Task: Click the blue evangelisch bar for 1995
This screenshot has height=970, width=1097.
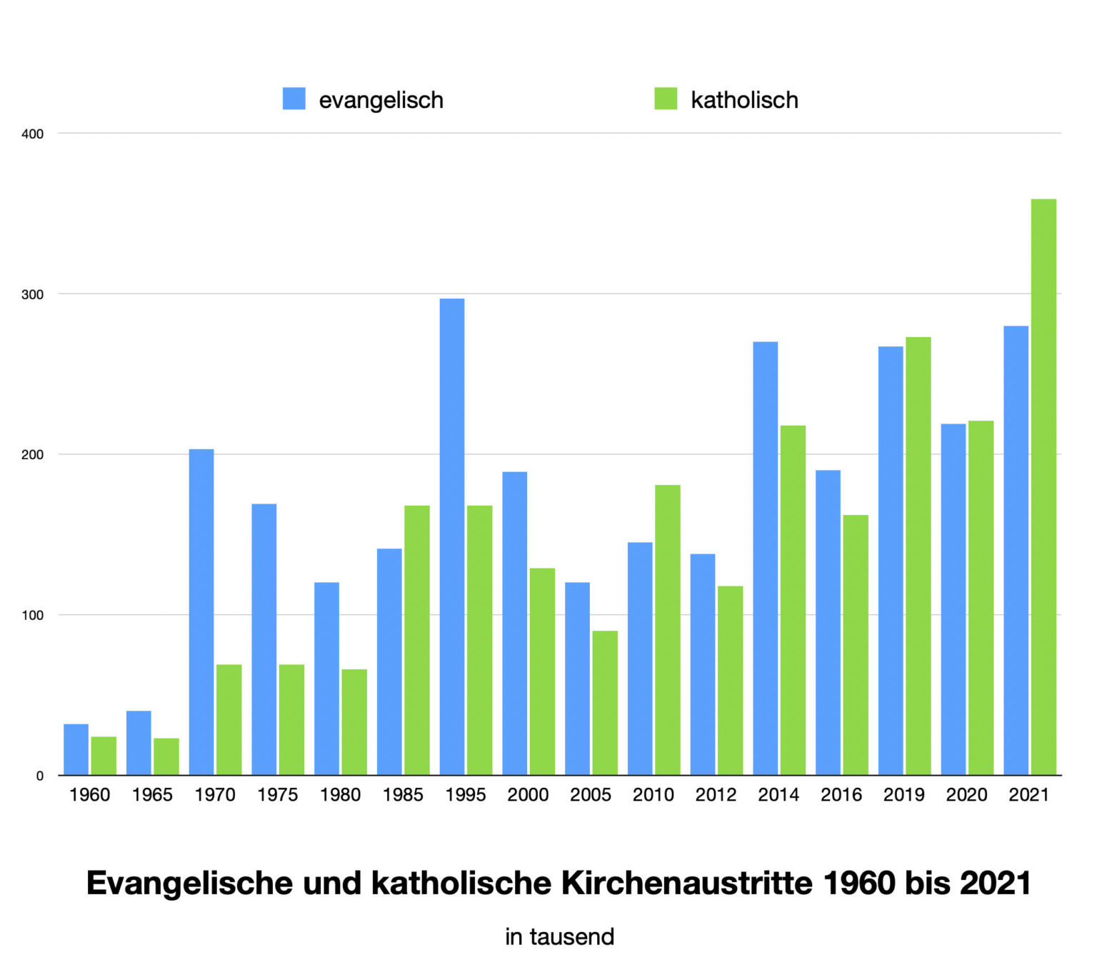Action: click(452, 536)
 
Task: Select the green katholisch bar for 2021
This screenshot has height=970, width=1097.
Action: click(1043, 486)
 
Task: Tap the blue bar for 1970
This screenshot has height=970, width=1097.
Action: click(201, 611)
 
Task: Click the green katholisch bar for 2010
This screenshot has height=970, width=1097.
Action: click(668, 629)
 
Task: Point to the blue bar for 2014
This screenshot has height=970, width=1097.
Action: click(765, 558)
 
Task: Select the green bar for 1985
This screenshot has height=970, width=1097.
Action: click(417, 639)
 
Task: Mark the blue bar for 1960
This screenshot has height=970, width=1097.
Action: click(76, 749)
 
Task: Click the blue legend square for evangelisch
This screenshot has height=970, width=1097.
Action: click(294, 99)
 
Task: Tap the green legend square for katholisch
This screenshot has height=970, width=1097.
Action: click(666, 99)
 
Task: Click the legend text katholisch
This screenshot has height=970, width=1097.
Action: click(744, 100)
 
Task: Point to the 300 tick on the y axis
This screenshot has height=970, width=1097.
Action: click(33, 294)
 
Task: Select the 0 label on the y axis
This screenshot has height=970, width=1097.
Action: click(40, 776)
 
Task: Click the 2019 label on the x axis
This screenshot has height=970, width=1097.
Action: click(903, 794)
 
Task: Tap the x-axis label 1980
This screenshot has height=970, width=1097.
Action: click(340, 794)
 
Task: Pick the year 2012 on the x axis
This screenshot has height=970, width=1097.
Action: click(716, 794)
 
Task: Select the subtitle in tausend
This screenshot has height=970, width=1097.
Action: click(559, 936)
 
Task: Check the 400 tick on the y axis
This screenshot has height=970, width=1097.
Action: click(33, 134)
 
